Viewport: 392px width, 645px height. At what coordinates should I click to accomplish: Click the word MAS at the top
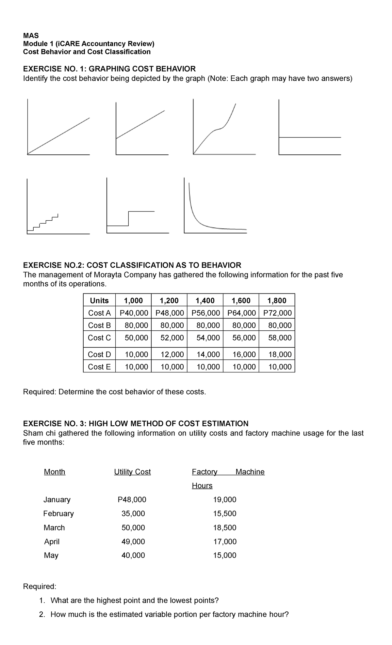click(31, 36)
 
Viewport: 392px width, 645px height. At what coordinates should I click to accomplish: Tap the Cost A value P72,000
click(277, 313)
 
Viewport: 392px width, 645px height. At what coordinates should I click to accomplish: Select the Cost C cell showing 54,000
click(208, 338)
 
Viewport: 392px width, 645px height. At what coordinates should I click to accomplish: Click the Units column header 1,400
click(205, 300)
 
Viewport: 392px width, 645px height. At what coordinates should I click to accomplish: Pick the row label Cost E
click(99, 367)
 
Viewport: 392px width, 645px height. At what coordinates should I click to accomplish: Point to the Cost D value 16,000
click(244, 354)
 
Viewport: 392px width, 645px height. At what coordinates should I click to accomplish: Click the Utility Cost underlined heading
click(132, 472)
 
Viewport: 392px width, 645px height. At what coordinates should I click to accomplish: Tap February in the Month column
click(58, 513)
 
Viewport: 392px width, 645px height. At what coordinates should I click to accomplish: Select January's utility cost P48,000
click(132, 499)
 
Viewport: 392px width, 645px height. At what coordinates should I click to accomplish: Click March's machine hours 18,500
click(225, 527)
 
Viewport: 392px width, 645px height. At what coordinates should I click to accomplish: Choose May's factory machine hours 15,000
click(225, 555)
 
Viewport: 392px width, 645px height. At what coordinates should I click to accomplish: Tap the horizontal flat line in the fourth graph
click(310, 137)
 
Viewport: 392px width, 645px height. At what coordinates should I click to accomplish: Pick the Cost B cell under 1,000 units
click(136, 325)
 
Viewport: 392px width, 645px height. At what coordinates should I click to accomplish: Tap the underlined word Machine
click(250, 472)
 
